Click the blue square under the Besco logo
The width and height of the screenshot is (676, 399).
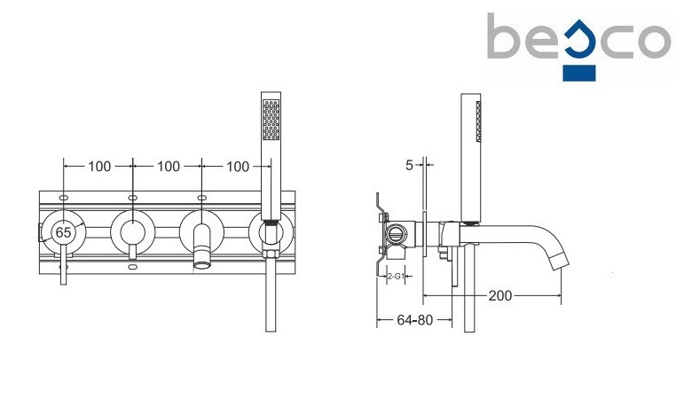tap(579, 73)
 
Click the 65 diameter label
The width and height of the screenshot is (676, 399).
tap(63, 232)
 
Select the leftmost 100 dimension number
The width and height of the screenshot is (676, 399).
tap(99, 167)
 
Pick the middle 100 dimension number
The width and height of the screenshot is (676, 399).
tap(169, 167)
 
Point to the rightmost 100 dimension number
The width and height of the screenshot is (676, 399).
tap(238, 167)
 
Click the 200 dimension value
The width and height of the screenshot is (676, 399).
tap(500, 295)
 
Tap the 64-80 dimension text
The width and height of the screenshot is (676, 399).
tap(414, 320)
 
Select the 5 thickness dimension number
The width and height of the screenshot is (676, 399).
tap(409, 165)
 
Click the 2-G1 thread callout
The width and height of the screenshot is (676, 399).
tap(396, 277)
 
